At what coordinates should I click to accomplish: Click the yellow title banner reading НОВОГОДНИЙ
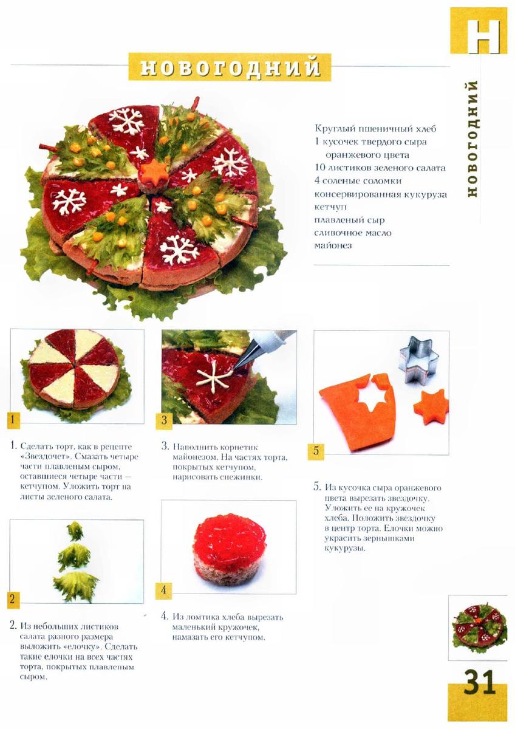(230, 67)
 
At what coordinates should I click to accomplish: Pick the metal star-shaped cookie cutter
(416, 360)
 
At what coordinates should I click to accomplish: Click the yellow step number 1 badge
(13, 419)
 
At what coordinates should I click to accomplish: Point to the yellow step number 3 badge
(165, 420)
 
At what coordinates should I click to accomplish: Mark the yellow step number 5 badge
(316, 451)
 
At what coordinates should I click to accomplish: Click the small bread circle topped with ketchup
(228, 548)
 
